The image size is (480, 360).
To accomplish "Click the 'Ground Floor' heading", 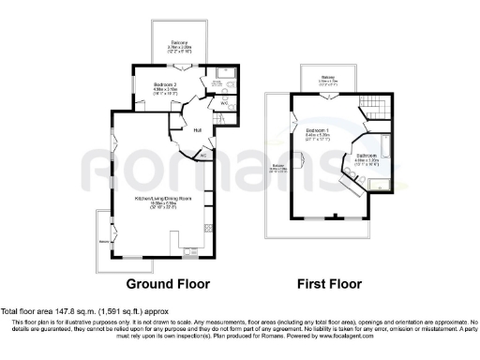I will click(170, 283).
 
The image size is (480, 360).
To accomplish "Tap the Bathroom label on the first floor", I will click(366, 156).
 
